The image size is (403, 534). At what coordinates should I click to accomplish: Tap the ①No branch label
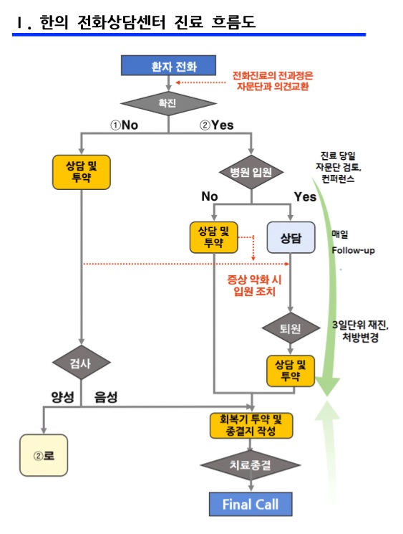click(123, 125)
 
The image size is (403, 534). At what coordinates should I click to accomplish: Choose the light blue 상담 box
click(290, 237)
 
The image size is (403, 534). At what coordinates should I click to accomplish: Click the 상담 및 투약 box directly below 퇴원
click(290, 370)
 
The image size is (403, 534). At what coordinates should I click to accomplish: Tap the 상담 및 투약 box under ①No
click(82, 171)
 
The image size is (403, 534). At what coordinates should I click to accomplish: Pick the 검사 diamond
click(82, 364)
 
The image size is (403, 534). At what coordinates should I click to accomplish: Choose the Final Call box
click(250, 504)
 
